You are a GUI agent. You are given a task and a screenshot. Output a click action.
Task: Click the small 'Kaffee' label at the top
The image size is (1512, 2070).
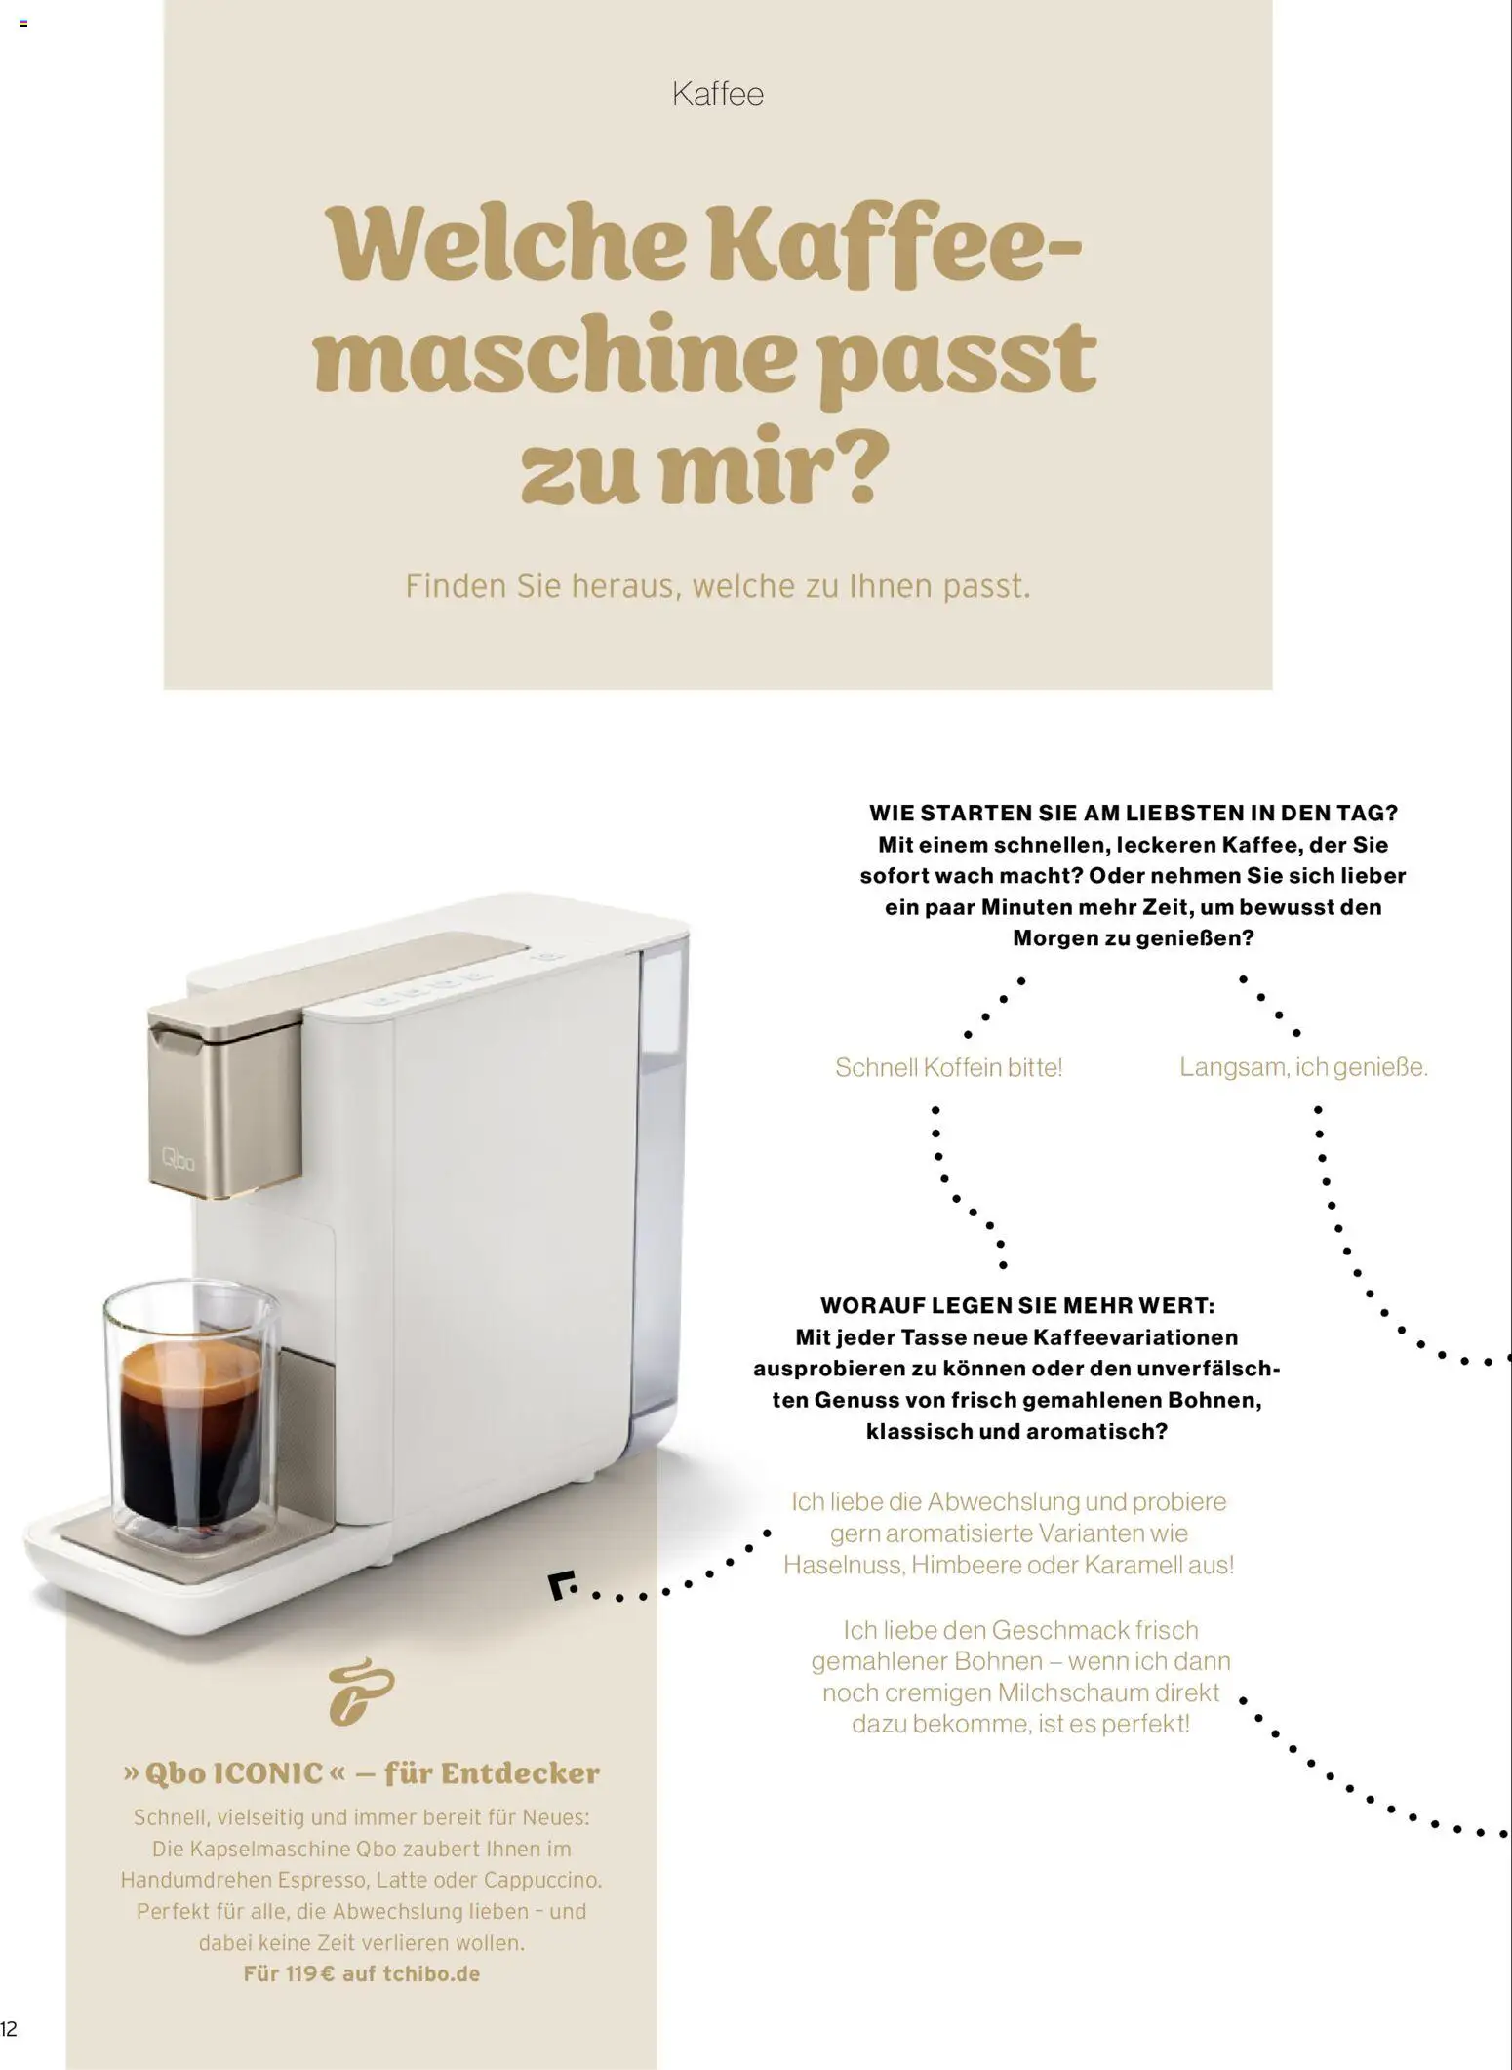tap(718, 95)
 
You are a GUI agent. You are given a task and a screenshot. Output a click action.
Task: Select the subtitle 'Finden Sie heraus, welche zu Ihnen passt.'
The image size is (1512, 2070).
tap(718, 586)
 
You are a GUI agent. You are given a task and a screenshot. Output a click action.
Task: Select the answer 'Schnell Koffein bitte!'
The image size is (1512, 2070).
tap(948, 1067)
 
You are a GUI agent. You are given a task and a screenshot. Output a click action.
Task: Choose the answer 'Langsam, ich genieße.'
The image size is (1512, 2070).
tap(1303, 1067)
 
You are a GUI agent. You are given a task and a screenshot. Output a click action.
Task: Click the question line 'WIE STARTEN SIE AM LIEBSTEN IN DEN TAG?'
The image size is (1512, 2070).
tap(1134, 813)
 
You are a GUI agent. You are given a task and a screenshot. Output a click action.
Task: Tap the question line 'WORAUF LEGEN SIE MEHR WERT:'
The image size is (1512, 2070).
tap(1017, 1305)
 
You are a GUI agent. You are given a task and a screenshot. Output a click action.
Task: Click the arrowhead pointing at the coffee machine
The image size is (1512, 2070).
tap(560, 1585)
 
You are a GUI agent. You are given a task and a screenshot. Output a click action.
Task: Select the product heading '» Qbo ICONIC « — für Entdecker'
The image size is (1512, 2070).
tap(361, 1772)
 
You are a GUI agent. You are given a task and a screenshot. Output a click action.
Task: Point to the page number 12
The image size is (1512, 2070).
tap(9, 2029)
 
